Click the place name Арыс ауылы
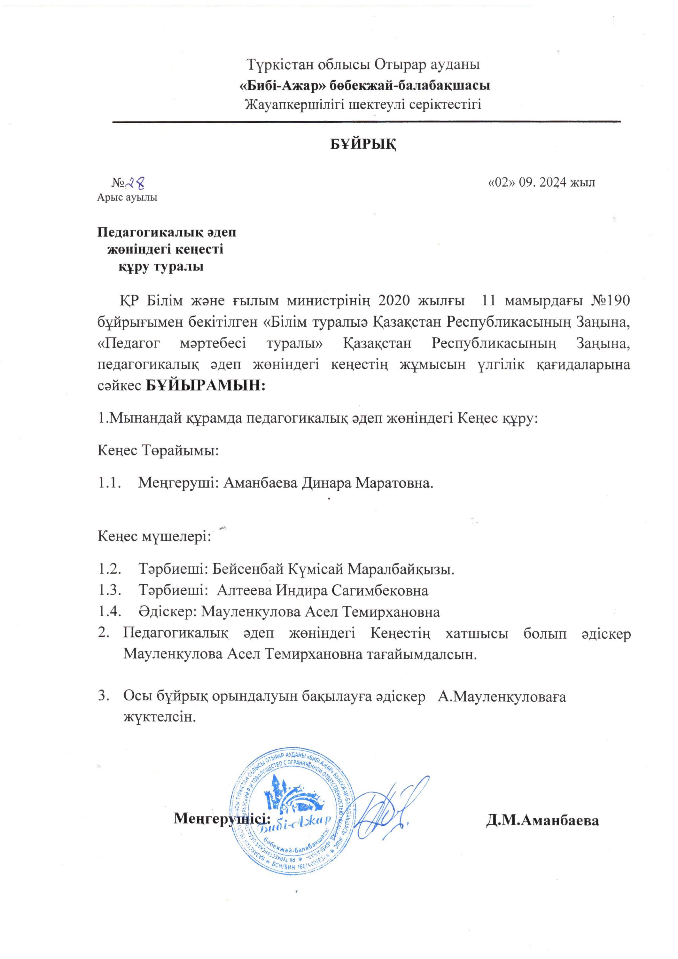point(127,198)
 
